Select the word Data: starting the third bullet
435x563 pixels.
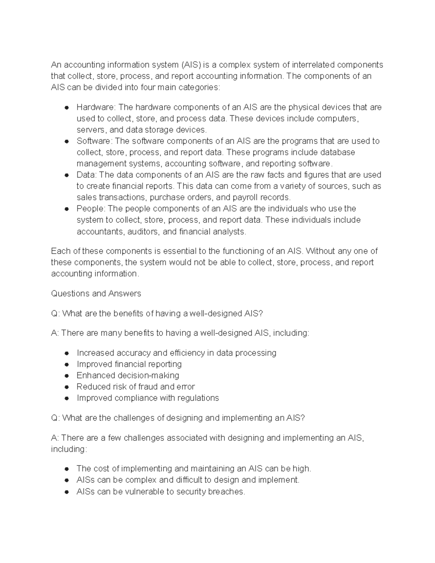[87, 175]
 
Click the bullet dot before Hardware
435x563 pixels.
[67, 108]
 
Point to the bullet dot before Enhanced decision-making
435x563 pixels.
[67, 376]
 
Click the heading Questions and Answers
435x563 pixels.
[96, 293]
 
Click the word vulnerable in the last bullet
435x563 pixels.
[144, 492]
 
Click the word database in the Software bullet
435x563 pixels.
[339, 152]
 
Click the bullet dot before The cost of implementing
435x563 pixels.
[67, 469]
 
